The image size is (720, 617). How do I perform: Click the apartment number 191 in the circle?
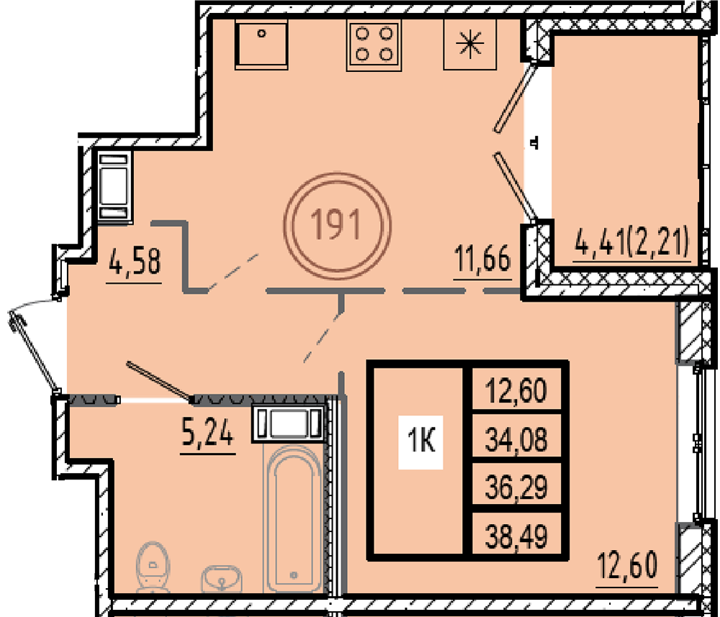pyautogui.click(x=336, y=225)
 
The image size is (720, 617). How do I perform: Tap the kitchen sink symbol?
pyautogui.click(x=261, y=44)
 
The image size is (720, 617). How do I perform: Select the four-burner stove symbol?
pyautogui.click(x=374, y=45)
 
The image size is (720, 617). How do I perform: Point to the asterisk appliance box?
pyautogui.click(x=469, y=45)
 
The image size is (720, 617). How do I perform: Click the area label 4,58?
pyautogui.click(x=135, y=262)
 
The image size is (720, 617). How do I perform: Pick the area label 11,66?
pyautogui.click(x=482, y=258)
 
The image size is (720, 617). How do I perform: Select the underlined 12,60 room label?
pyautogui.click(x=628, y=566)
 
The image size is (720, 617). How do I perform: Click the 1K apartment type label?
pyautogui.click(x=420, y=442)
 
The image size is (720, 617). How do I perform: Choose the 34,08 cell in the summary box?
pyautogui.click(x=516, y=439)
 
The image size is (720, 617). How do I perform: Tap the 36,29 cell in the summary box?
pyautogui.click(x=516, y=487)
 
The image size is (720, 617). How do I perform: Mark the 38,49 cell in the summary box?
pyautogui.click(x=516, y=536)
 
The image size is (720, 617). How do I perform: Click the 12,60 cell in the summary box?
pyautogui.click(x=516, y=391)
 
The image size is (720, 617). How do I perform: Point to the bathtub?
pyautogui.click(x=294, y=519)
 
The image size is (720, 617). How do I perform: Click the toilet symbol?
pyautogui.click(x=153, y=567)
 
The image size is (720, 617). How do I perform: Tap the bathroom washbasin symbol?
pyautogui.click(x=221, y=577)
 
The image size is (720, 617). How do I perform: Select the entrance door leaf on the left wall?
pyautogui.click(x=34, y=351)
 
